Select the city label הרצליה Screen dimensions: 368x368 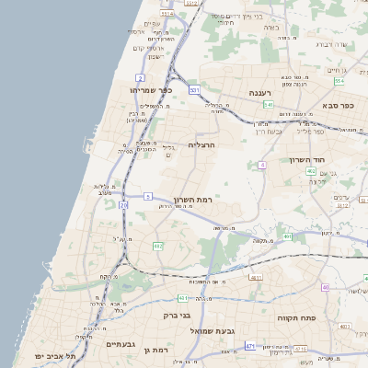(201, 145)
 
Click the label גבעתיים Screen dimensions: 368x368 (121, 344)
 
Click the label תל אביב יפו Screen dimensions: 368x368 (53, 355)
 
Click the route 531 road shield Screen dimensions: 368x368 (193, 90)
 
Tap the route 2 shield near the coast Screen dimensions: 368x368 (141, 76)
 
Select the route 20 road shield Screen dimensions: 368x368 (123, 205)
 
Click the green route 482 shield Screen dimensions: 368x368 (157, 246)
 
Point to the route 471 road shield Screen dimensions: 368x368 (249, 346)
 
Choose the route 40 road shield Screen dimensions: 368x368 (326, 287)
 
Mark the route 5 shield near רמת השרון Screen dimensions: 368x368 (147, 196)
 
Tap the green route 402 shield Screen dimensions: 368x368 (311, 171)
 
